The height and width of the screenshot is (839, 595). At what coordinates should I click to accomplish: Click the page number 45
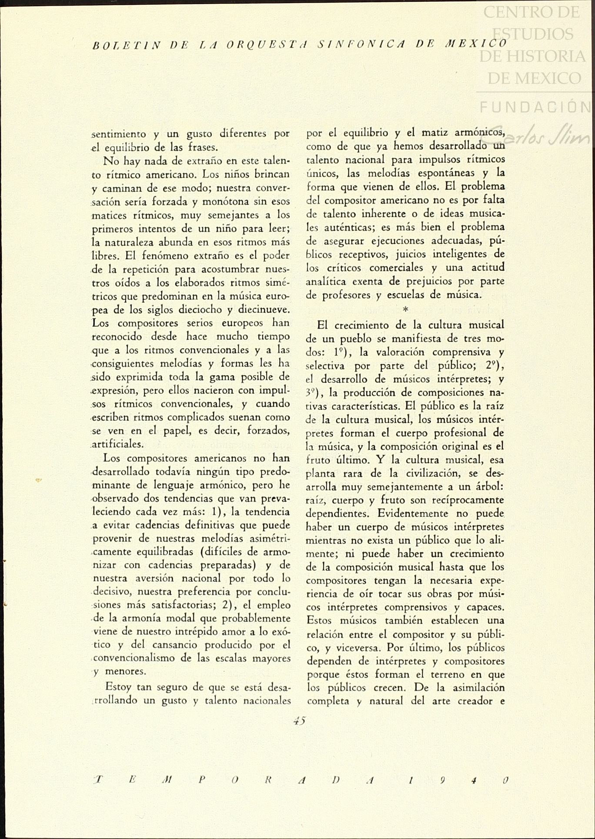(300, 720)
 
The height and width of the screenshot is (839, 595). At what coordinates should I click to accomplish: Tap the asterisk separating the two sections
(405, 309)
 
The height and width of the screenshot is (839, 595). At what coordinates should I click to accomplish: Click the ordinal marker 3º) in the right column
(314, 393)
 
